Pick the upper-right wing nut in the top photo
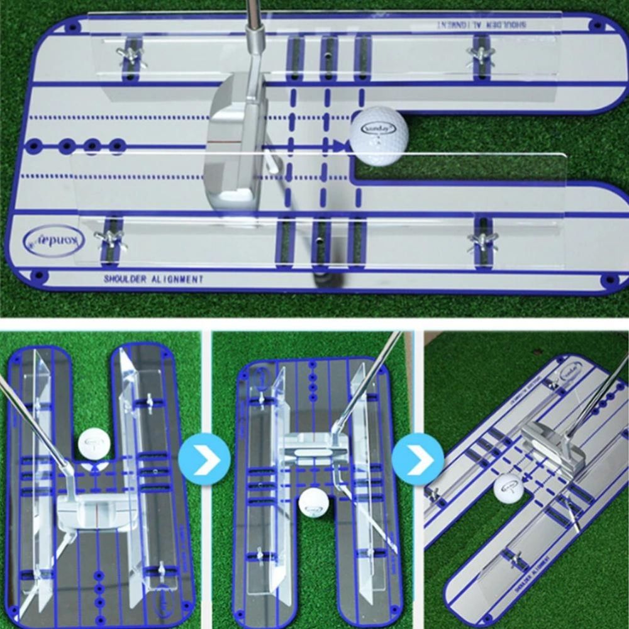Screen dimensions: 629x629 point(481,53)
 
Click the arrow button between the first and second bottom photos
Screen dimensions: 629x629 point(204,458)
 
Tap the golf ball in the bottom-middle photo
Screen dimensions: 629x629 point(313,503)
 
